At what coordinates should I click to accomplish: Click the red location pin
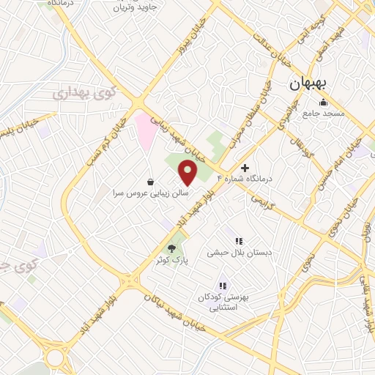click(x=188, y=173)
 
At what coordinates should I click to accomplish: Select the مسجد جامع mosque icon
click(x=324, y=102)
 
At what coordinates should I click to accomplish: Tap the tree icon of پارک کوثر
click(x=172, y=249)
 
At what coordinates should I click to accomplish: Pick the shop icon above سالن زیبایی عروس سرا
click(x=150, y=182)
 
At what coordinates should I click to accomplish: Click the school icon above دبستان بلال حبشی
click(x=238, y=240)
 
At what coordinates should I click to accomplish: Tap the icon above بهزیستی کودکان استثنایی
click(x=223, y=286)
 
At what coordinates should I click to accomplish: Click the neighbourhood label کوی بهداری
click(x=83, y=93)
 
